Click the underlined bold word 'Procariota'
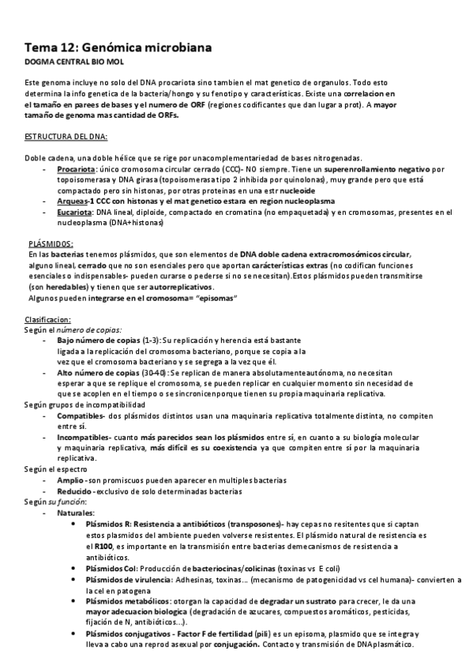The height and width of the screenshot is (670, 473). pos(76,170)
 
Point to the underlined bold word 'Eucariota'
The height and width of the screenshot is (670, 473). pos(74,213)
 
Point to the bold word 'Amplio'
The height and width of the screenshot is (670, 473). pos(69,480)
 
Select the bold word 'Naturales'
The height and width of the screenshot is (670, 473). pos(76,513)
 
